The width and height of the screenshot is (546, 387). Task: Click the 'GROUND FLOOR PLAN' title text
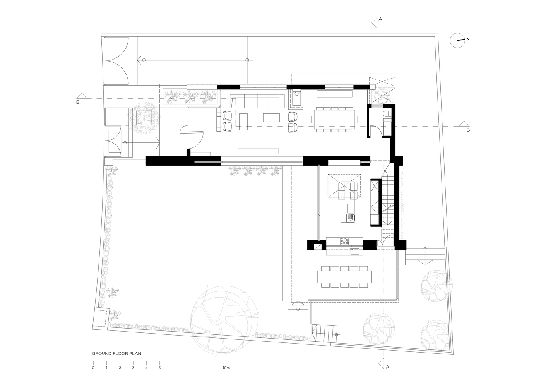point(116,353)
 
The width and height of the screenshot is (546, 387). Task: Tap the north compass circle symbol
point(457,41)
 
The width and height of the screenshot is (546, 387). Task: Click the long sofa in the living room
point(257,101)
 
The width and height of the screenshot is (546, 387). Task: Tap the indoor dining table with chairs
point(334,120)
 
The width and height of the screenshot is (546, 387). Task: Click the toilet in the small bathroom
point(387,114)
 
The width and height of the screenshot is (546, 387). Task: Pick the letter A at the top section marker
point(380,19)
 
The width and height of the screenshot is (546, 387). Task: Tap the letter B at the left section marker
point(78,102)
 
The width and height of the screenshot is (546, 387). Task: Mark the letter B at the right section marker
point(468,130)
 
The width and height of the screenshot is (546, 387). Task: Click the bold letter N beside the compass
point(468,39)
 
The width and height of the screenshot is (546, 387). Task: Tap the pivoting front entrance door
point(192,137)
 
